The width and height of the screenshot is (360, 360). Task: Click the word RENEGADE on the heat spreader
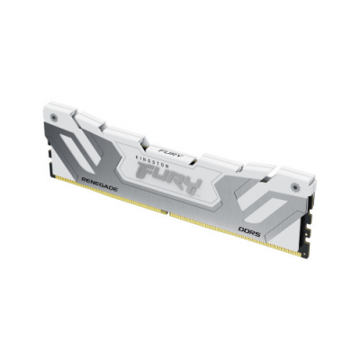pos(99,184)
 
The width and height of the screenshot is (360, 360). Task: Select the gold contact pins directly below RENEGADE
pos(99,196)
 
